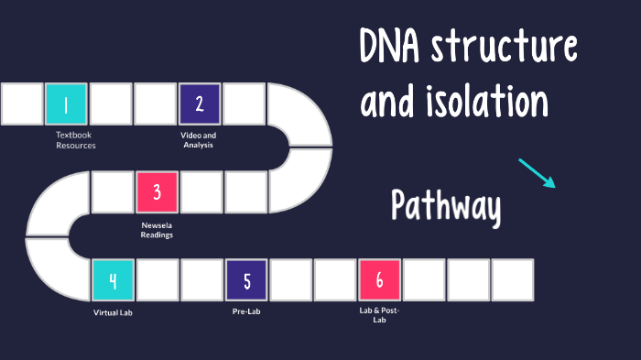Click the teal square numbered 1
(67, 104)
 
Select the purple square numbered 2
(200, 104)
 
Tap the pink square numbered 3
(157, 192)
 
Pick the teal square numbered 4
(113, 280)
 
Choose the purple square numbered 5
(246, 280)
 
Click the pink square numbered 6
(379, 280)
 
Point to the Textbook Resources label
(75, 140)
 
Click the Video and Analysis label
(198, 140)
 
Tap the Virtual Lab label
(113, 312)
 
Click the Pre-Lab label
(246, 312)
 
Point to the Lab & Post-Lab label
(379, 315)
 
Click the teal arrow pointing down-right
(537, 173)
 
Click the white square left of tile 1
(22, 104)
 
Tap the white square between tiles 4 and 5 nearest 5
(201, 280)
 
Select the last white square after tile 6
(512, 280)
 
